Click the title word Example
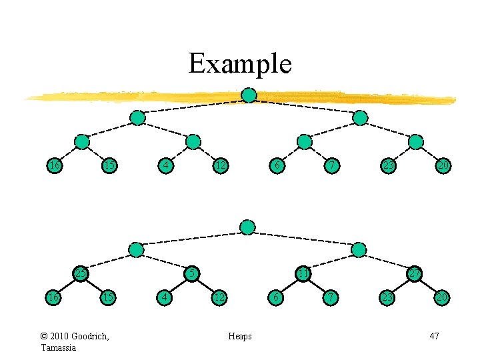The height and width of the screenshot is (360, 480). pyautogui.click(x=240, y=64)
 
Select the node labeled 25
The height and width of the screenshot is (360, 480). pyautogui.click(x=81, y=273)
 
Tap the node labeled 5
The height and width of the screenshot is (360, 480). pyautogui.click(x=192, y=273)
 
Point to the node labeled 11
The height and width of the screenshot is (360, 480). pyautogui.click(x=303, y=273)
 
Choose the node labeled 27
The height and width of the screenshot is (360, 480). pyautogui.click(x=415, y=273)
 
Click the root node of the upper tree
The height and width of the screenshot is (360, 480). pyautogui.click(x=248, y=95)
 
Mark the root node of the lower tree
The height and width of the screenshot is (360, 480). pyautogui.click(x=247, y=227)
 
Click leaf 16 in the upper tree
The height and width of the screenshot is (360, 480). pyautogui.click(x=53, y=165)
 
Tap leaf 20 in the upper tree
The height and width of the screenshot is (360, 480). pyautogui.click(x=443, y=165)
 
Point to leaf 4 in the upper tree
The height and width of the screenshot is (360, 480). pyautogui.click(x=165, y=165)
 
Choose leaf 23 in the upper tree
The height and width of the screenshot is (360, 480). pyautogui.click(x=387, y=165)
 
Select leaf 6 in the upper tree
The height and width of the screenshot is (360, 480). pyautogui.click(x=276, y=165)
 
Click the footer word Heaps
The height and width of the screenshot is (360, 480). pyautogui.click(x=240, y=336)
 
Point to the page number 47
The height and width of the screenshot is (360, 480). pyautogui.click(x=434, y=336)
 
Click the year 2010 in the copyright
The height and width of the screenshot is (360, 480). pyautogui.click(x=61, y=336)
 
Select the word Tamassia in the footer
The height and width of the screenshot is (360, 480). pyautogui.click(x=59, y=347)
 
